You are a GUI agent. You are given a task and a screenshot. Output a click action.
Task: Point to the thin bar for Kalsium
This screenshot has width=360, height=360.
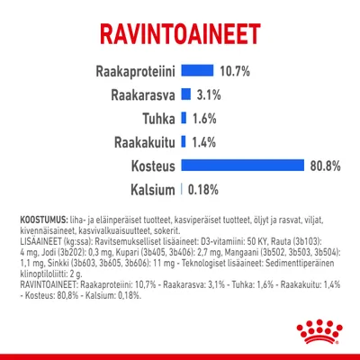182,189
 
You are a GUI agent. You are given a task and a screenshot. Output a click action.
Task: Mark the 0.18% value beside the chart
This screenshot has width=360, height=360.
202,189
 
